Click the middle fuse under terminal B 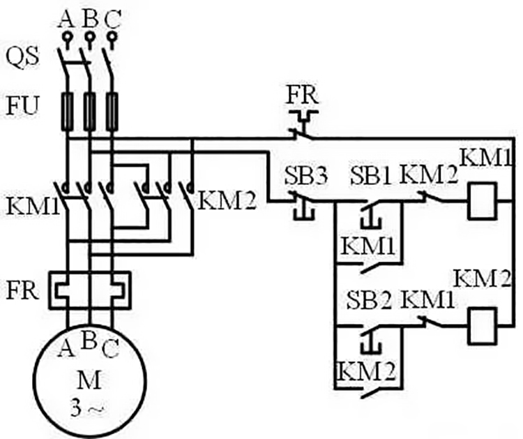(x=89, y=110)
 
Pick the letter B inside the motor (x=89, y=341)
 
